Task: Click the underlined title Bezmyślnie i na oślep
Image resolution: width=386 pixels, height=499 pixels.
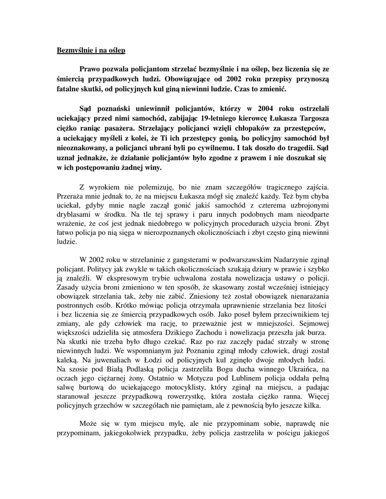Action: (x=91, y=50)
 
